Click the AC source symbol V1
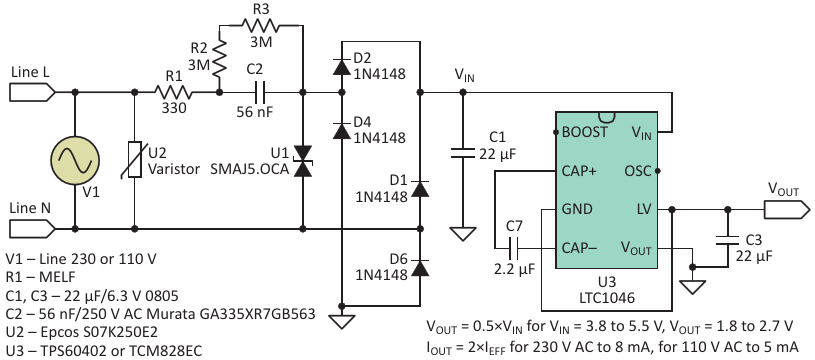click(75, 160)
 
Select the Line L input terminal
click(32, 92)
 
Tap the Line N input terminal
click(32, 228)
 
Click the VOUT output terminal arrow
click(786, 210)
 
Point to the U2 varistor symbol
click(135, 159)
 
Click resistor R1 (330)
click(173, 92)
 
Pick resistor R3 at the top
click(261, 24)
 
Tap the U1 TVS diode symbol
click(303, 161)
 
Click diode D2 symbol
click(341, 67)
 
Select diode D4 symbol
click(341, 131)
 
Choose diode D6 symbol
click(420, 267)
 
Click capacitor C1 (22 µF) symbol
click(462, 153)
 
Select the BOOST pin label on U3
click(584, 132)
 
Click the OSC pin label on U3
click(636, 170)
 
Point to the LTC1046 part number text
click(606, 298)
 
